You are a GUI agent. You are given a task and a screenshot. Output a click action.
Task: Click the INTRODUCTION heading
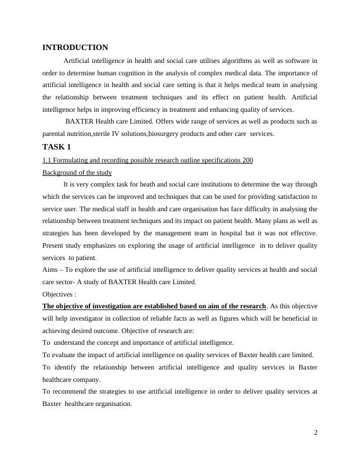(x=75, y=48)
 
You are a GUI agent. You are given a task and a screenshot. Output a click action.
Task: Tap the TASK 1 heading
(x=56, y=147)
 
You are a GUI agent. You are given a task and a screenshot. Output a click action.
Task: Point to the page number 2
(x=316, y=433)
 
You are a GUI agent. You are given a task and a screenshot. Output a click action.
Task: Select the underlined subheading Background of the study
(x=77, y=172)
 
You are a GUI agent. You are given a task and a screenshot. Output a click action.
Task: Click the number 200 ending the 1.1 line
(x=247, y=160)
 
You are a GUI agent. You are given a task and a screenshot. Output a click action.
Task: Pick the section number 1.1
(x=47, y=160)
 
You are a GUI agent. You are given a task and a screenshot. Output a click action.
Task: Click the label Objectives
(x=58, y=294)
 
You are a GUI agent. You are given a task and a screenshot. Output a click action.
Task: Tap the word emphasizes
(x=90, y=245)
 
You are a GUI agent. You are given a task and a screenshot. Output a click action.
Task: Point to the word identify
(x=67, y=367)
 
